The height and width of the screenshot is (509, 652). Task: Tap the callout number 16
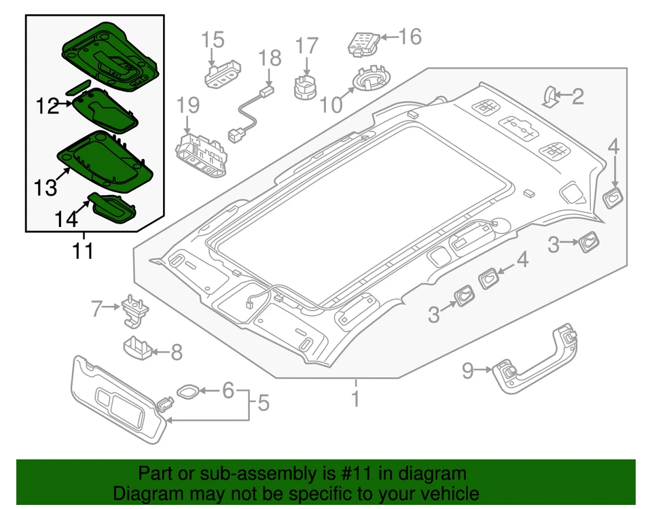pos(410,36)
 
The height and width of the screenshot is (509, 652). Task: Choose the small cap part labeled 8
pos(137,349)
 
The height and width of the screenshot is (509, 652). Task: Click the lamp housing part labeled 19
pos(202,152)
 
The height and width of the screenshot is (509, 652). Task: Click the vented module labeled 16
pos(364,42)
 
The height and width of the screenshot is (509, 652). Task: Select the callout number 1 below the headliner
pos(355,399)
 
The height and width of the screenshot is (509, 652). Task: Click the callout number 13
pos(46,188)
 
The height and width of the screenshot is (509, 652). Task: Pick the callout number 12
pos(48,106)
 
